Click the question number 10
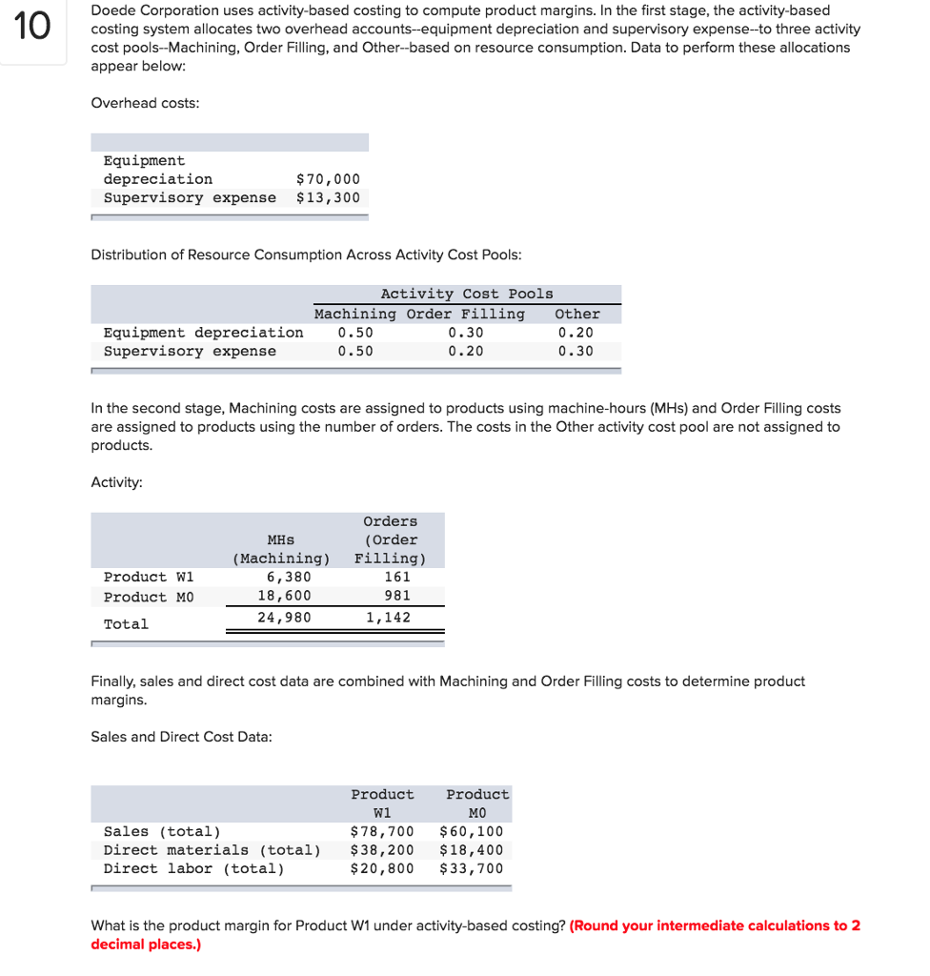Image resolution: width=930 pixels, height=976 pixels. click(31, 26)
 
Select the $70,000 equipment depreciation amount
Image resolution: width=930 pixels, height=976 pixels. click(328, 179)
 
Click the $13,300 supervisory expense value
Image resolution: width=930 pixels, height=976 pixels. click(328, 198)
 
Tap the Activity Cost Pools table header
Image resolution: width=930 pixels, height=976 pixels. click(466, 295)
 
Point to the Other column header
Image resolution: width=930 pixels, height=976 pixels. click(576, 314)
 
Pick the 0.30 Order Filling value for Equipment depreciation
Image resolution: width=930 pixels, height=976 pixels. click(465, 333)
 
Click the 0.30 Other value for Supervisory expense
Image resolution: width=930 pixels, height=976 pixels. click(576, 352)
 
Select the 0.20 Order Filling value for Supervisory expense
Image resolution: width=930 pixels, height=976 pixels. click(465, 352)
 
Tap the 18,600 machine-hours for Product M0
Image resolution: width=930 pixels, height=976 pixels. click(284, 596)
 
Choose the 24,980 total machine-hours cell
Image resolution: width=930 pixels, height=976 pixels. click(284, 618)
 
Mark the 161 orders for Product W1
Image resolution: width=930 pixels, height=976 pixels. click(396, 578)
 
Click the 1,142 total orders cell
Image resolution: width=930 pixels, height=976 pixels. click(388, 618)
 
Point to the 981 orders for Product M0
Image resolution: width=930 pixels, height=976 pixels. click(396, 596)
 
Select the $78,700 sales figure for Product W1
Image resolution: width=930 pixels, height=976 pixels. click(382, 832)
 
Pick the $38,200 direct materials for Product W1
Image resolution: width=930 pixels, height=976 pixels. click(382, 850)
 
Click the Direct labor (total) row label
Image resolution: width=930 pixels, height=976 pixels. click(193, 868)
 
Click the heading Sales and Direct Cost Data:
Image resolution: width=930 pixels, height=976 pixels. click(181, 737)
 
